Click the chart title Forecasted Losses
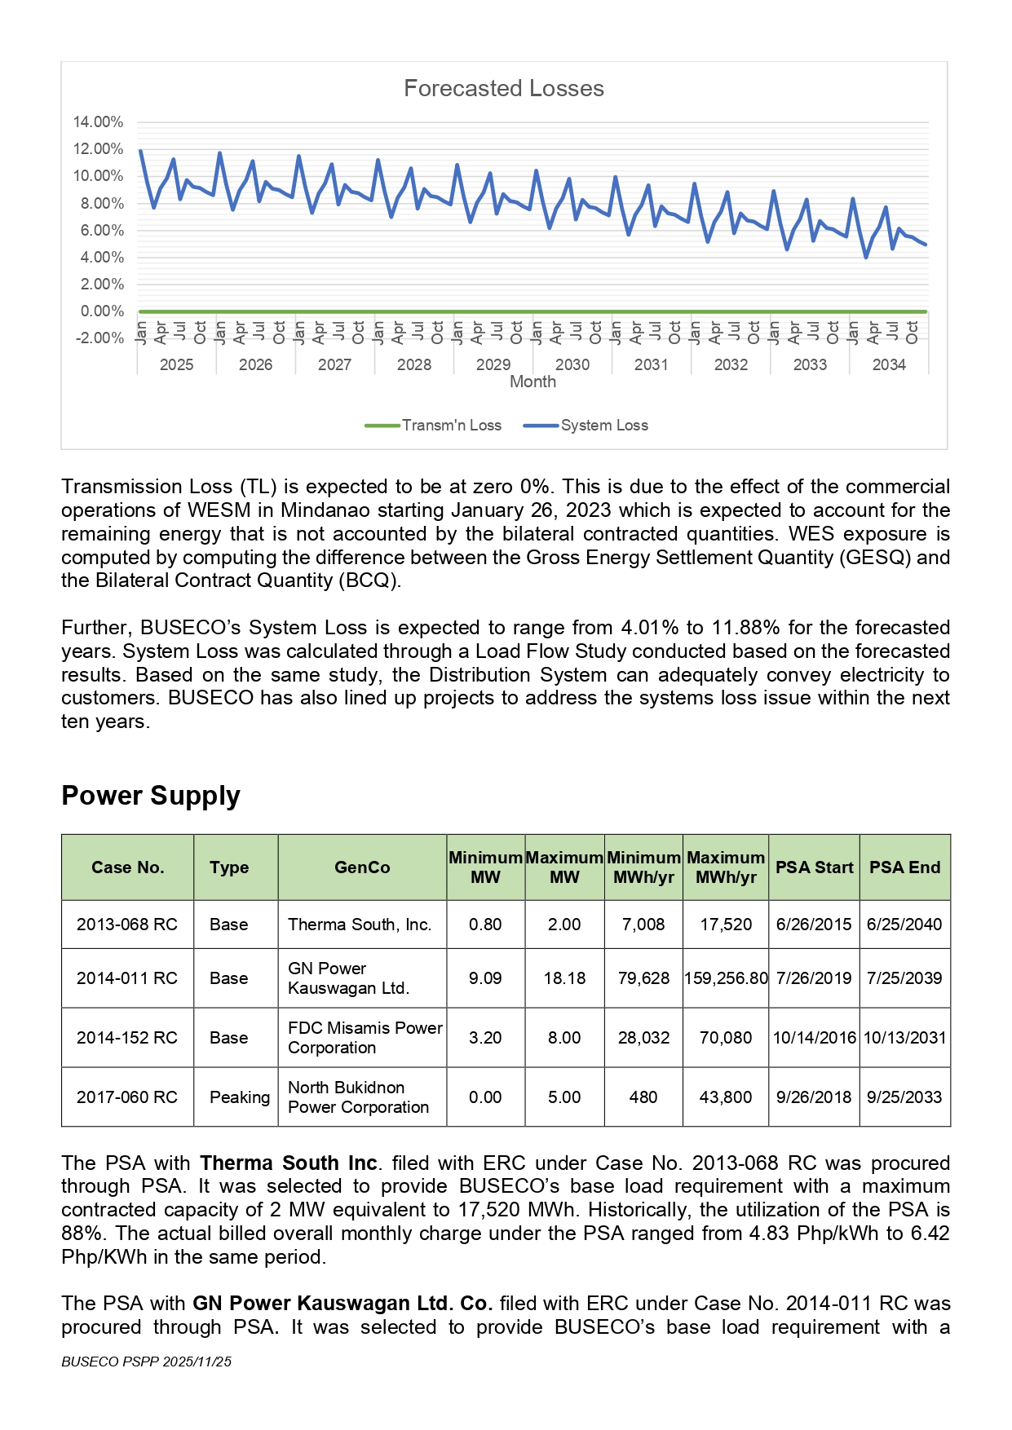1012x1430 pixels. coord(504,88)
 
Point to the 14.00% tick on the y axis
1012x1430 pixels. coord(98,122)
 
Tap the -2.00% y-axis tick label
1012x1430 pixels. coord(99,338)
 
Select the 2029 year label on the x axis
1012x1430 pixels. coord(493,364)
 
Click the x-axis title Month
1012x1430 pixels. coord(533,382)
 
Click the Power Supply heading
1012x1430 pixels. coord(151,796)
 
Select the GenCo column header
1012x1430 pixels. coord(362,867)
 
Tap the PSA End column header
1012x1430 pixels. coord(904,867)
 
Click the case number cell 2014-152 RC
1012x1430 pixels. coord(127,1038)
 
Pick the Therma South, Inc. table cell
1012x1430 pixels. coord(360,925)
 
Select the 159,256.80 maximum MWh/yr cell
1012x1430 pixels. coord(726,978)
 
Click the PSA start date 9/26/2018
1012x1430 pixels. coord(813,1097)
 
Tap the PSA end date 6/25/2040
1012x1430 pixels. coord(904,925)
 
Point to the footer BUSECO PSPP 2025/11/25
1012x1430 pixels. coord(147,1362)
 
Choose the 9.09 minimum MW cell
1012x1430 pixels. coord(485,978)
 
